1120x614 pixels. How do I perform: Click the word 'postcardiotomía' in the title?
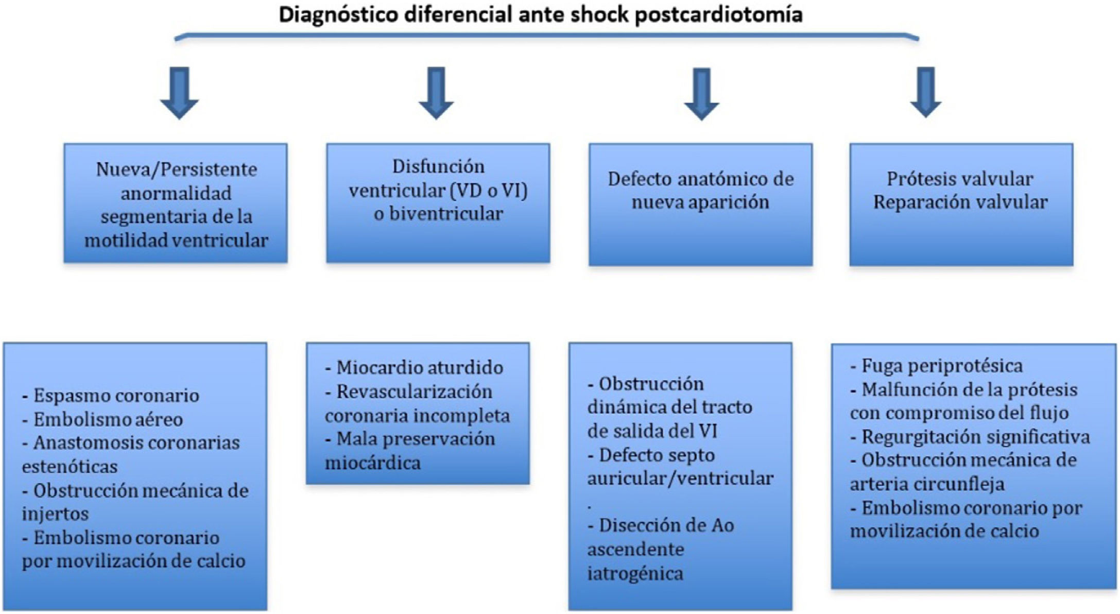(718, 14)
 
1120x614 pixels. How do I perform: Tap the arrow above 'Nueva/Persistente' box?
(179, 93)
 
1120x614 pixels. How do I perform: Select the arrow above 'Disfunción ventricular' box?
(436, 93)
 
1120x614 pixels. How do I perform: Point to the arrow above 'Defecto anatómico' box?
(701, 94)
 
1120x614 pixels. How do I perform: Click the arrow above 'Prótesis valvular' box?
(926, 92)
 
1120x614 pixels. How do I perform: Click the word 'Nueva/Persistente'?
(176, 169)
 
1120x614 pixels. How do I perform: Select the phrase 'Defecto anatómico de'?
(700, 179)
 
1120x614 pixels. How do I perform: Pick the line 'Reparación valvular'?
(960, 202)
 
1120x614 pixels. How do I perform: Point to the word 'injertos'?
(55, 514)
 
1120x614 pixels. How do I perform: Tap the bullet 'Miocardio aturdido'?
(419, 368)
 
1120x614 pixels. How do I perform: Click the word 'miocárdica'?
(372, 463)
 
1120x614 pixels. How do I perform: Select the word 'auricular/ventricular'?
(680, 479)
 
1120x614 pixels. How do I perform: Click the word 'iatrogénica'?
(635, 573)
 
